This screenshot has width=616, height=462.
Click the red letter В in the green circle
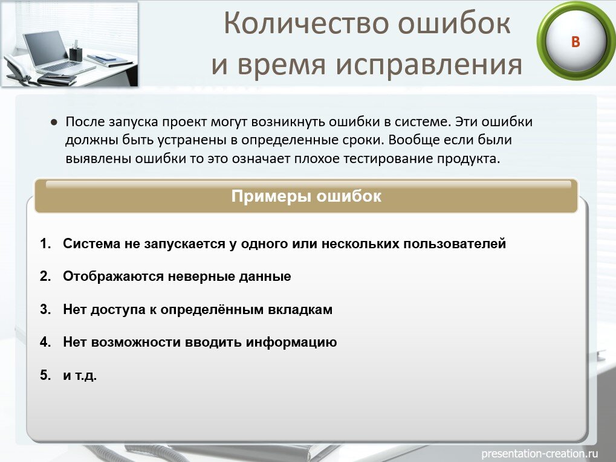coord(575,42)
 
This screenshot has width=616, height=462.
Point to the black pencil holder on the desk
coord(76,53)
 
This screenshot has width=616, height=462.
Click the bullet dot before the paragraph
coord(54,122)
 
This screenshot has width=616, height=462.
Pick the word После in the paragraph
coord(85,121)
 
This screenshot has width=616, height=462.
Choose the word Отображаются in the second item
coord(108,277)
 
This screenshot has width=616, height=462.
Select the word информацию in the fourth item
coord(291,342)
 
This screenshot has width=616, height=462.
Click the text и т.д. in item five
coord(79,375)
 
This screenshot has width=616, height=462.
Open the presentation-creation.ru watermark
coord(539,453)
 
